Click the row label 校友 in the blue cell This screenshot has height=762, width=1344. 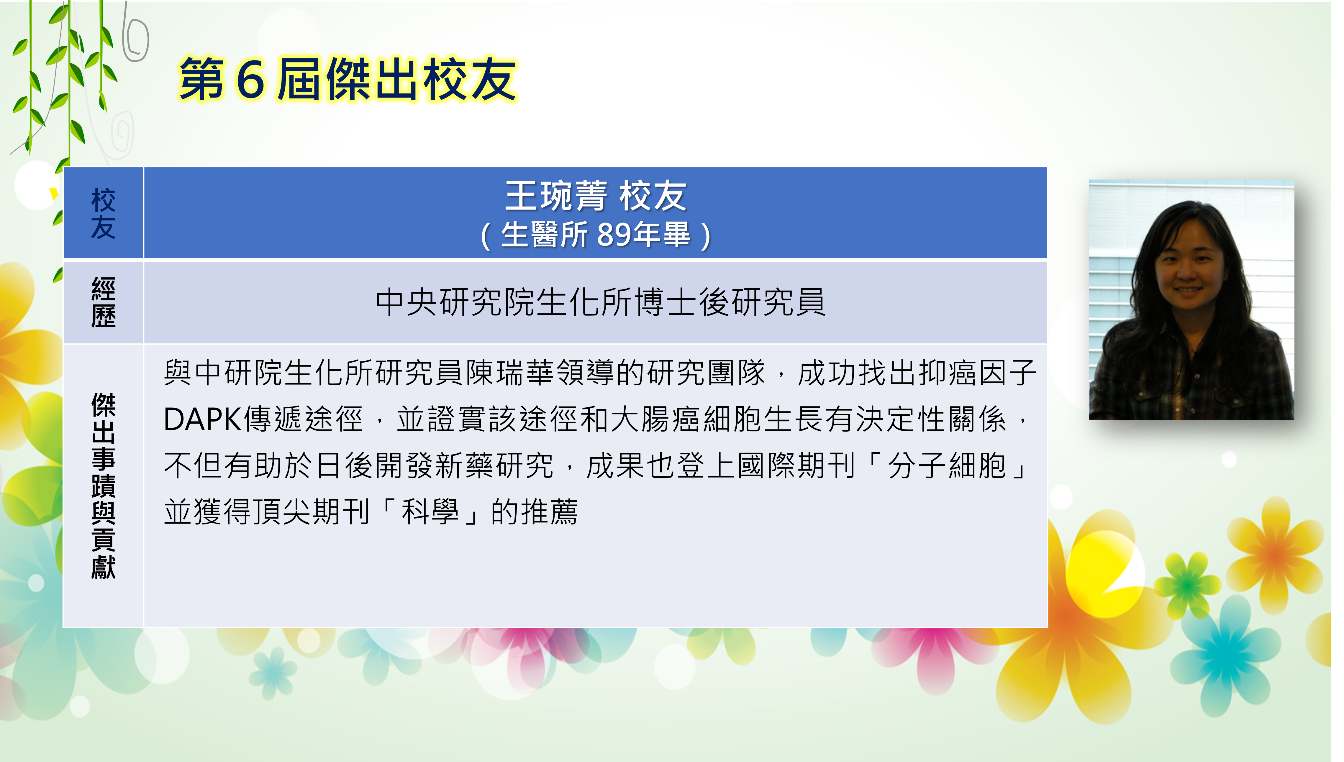[x=103, y=213]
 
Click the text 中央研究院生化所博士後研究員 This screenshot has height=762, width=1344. [x=600, y=302]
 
